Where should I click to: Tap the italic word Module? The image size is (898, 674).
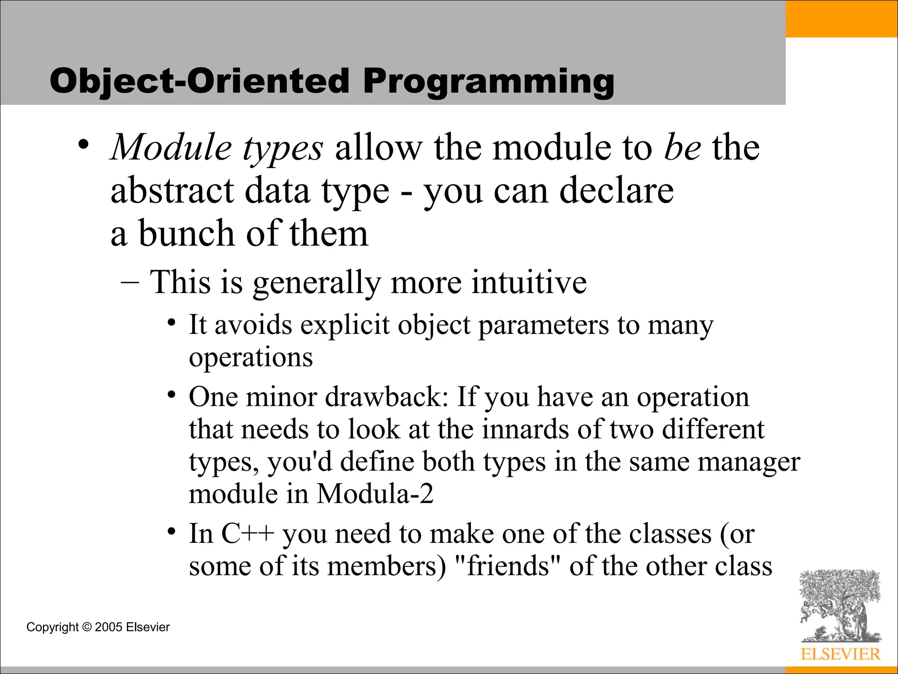click(171, 148)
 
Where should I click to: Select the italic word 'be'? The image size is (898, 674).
click(682, 148)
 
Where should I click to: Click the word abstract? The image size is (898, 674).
click(172, 191)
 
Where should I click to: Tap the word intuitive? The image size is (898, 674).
click(529, 282)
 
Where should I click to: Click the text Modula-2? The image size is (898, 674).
click(375, 494)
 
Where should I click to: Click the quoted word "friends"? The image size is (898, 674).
click(508, 566)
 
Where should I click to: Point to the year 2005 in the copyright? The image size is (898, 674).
click(108, 627)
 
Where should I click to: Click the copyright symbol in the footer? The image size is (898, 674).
click(87, 627)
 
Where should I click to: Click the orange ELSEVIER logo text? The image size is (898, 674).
click(840, 654)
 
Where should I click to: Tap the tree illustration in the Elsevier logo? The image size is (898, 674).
click(839, 606)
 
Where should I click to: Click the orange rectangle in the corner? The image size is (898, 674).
click(841, 18)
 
